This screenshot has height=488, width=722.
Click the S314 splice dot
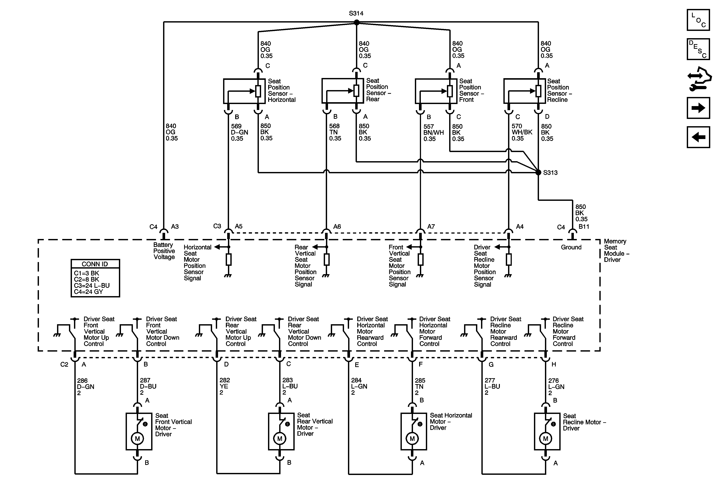[357, 22]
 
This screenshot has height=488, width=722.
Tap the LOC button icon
[698, 20]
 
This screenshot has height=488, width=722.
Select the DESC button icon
[698, 49]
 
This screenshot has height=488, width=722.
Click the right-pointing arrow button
[698, 108]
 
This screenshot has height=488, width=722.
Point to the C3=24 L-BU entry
[92, 286]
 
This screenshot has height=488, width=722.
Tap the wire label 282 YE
[224, 386]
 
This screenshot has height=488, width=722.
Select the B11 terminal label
[584, 227]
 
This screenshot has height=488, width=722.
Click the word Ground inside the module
[571, 247]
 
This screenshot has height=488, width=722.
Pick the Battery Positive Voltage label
[164, 251]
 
